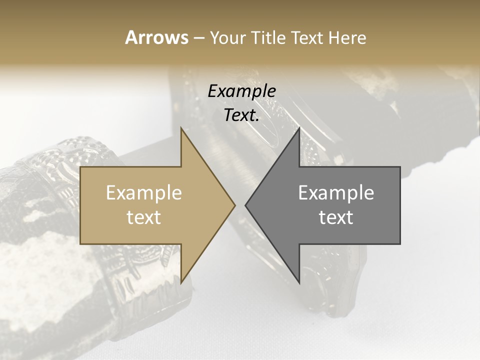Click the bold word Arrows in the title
pyautogui.click(x=156, y=37)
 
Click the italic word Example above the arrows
pyautogui.click(x=242, y=91)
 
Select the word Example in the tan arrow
pyautogui.click(x=144, y=193)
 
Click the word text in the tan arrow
pyautogui.click(x=144, y=217)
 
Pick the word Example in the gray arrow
pyautogui.click(x=336, y=193)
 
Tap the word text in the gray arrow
pyautogui.click(x=336, y=217)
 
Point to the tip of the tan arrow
pyautogui.click(x=235, y=205)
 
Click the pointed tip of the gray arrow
pyautogui.click(x=245, y=205)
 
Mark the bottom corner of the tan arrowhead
pyautogui.click(x=181, y=283)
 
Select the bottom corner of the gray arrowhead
pyautogui.click(x=299, y=283)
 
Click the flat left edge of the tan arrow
pyautogui.click(x=80, y=205)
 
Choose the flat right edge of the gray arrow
pyautogui.click(x=400, y=205)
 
